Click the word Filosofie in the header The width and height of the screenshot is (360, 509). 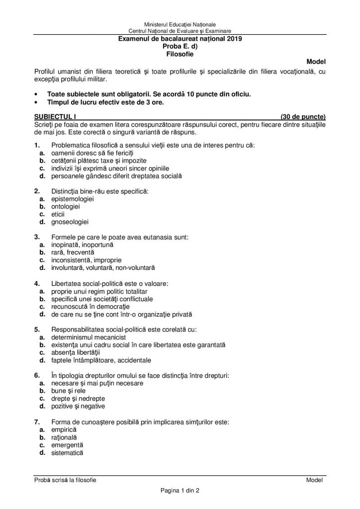tap(180, 52)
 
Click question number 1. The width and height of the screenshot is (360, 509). tap(37, 145)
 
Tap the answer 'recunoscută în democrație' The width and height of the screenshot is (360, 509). tap(87, 306)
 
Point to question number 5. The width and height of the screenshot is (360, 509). tap(37, 329)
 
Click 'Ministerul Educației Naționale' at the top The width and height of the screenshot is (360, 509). tap(180, 24)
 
